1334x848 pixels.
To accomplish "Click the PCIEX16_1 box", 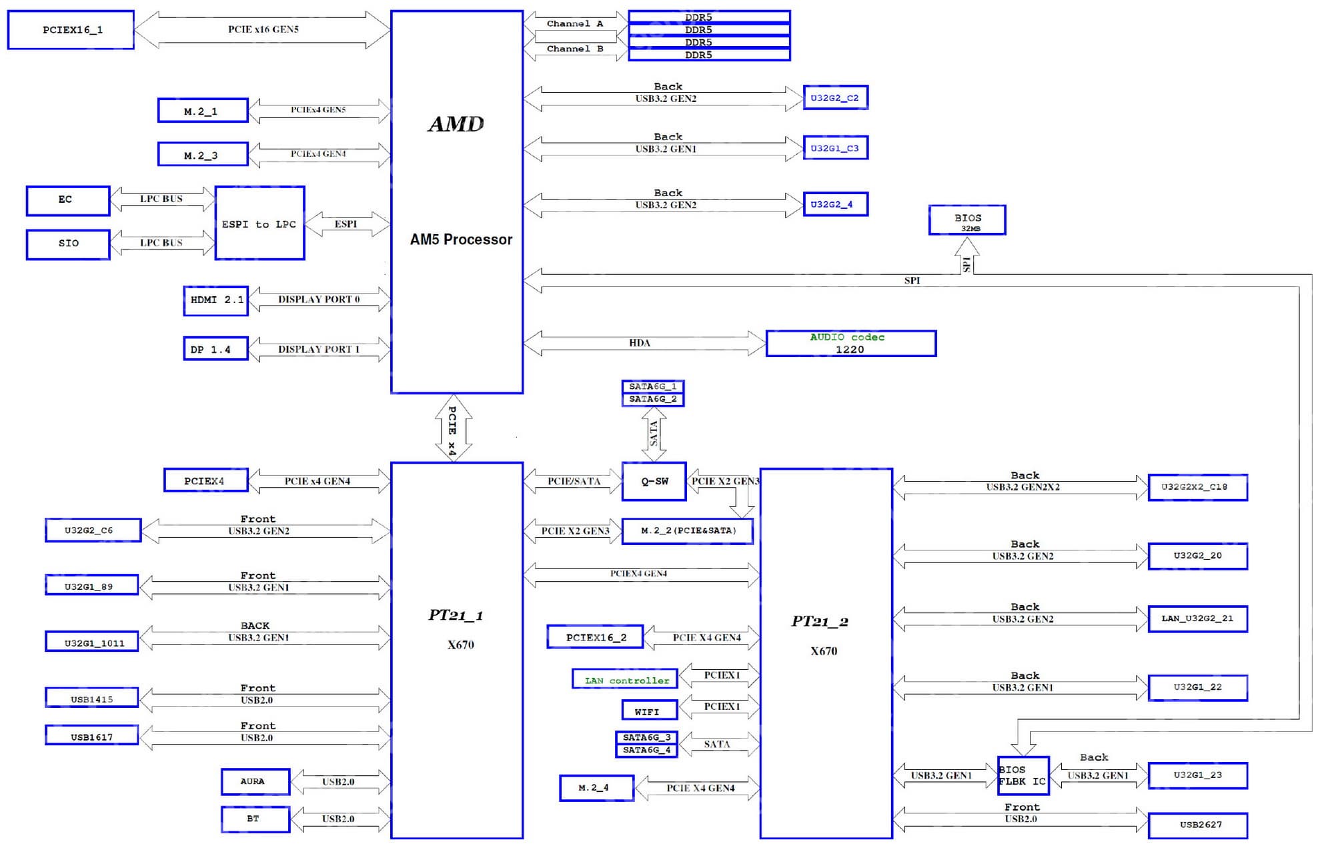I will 71,30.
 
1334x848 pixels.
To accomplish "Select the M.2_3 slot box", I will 203,155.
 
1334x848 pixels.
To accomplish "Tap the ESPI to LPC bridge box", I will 259,224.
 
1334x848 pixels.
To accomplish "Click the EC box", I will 67,200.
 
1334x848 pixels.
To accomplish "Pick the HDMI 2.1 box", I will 215,300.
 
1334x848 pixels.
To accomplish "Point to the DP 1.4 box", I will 215,349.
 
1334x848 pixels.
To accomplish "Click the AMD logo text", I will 456,124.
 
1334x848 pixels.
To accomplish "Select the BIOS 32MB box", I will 967,220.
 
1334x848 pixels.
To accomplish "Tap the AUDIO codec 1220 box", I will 850,344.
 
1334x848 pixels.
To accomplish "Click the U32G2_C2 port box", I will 835,98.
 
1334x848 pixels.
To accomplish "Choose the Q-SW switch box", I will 654,481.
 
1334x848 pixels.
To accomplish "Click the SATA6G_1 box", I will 652,386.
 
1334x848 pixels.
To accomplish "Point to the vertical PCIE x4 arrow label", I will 452,430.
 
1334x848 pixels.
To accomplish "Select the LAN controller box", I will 625,680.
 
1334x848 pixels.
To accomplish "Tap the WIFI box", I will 649,711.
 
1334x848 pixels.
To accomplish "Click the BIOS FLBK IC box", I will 1023,775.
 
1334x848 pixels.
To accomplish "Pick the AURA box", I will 255,781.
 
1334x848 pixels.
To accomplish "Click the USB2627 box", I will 1198,825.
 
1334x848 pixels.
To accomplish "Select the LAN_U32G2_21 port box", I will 1197,618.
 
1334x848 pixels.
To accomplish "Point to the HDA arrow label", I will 639,343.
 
